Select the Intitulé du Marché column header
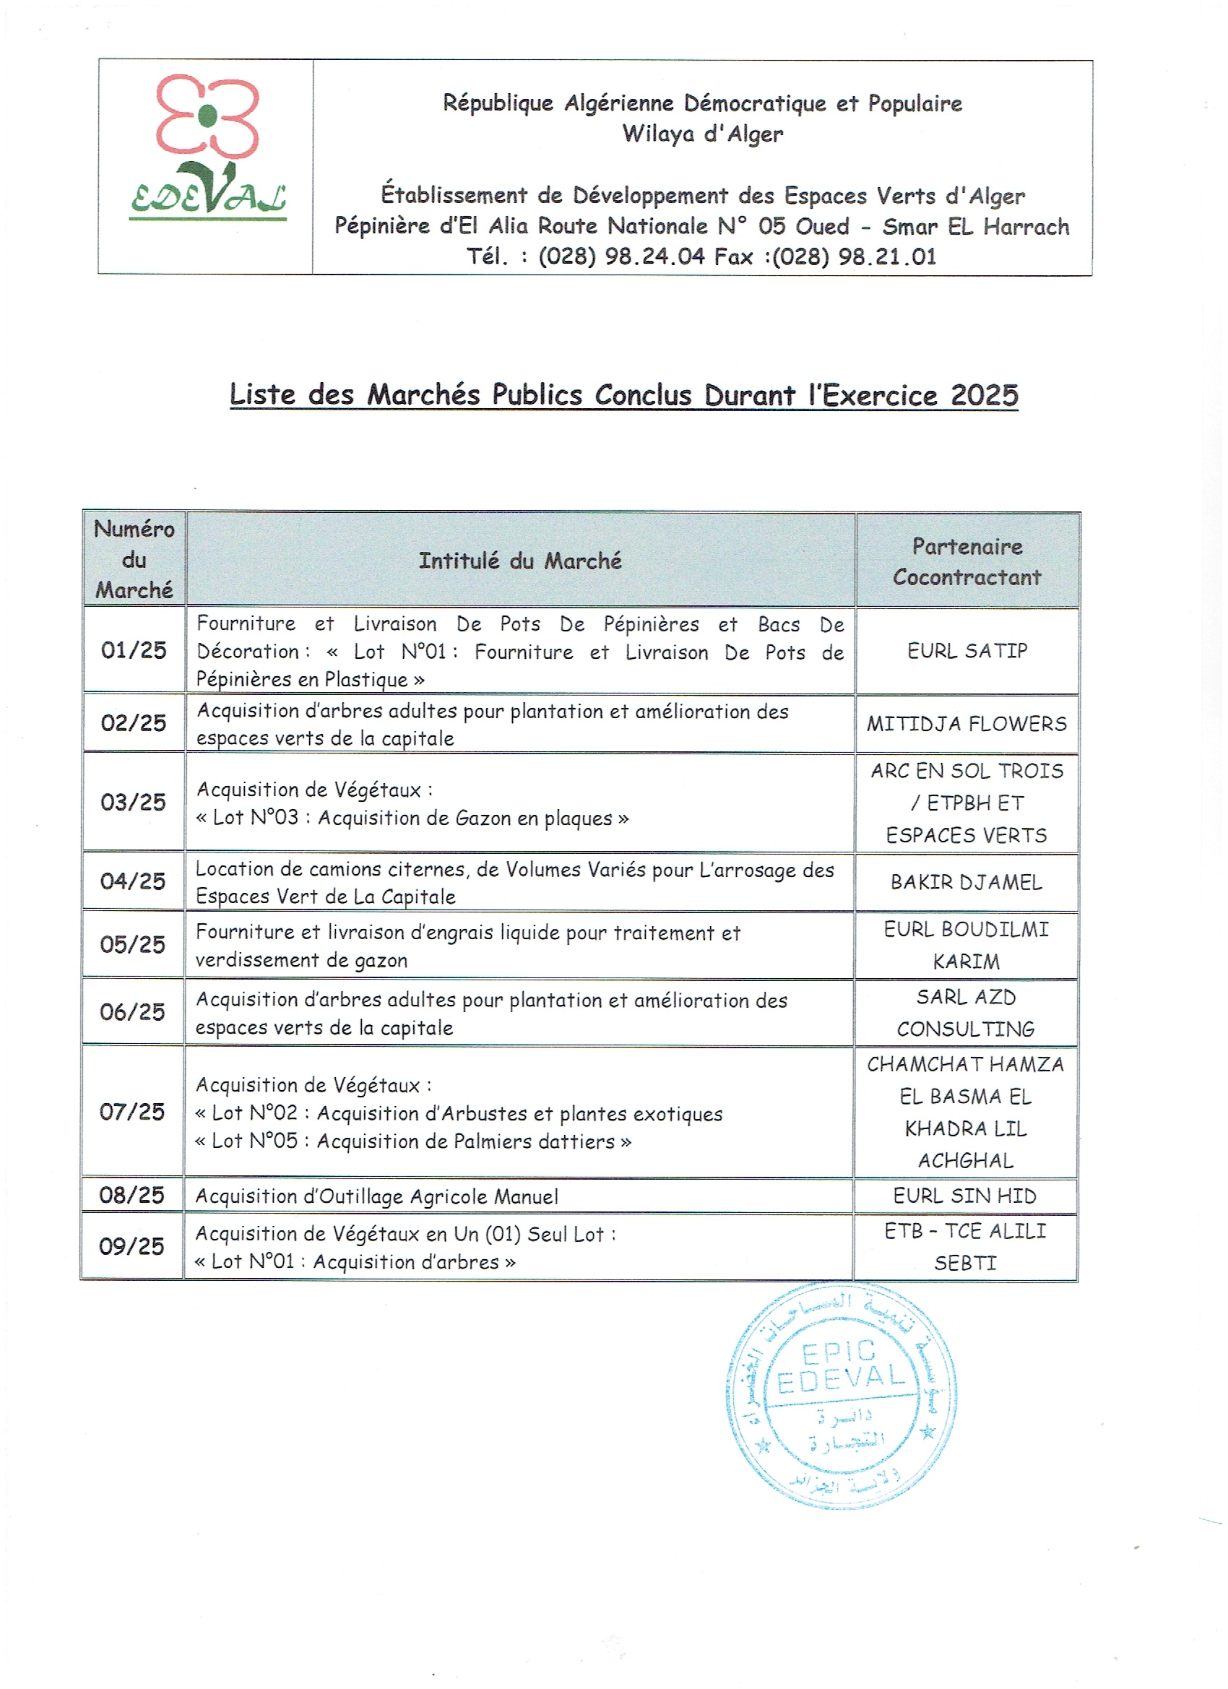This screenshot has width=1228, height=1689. pos(520,561)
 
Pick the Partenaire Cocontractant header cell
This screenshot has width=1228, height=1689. pos(967,561)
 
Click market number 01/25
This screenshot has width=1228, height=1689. pos(134,650)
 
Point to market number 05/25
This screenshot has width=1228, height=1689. pos(133,944)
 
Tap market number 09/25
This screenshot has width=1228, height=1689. pos(131,1247)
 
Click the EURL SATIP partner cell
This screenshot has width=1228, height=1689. pos(967,651)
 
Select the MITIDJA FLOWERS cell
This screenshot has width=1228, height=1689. pos(967,723)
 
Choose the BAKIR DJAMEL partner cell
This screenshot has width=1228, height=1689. pos(966,883)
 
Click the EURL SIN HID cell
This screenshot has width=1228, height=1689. pos(964,1196)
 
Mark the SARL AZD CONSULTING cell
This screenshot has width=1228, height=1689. pos(965,1013)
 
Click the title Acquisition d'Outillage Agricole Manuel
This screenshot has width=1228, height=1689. pos(377,1197)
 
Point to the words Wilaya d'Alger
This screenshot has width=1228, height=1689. pos(702,134)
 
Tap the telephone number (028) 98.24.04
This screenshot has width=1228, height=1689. pos(621,257)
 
